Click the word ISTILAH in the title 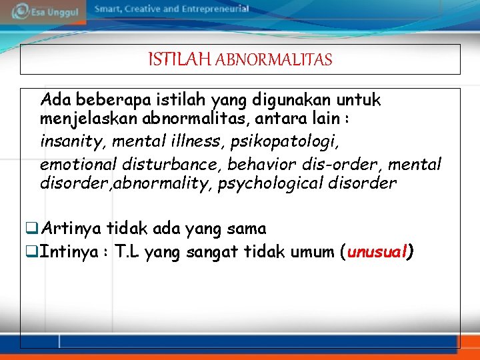click(177, 60)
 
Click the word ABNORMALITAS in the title click(274, 60)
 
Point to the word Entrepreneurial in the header click(212, 9)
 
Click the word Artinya click(71, 229)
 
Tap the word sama click(247, 229)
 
